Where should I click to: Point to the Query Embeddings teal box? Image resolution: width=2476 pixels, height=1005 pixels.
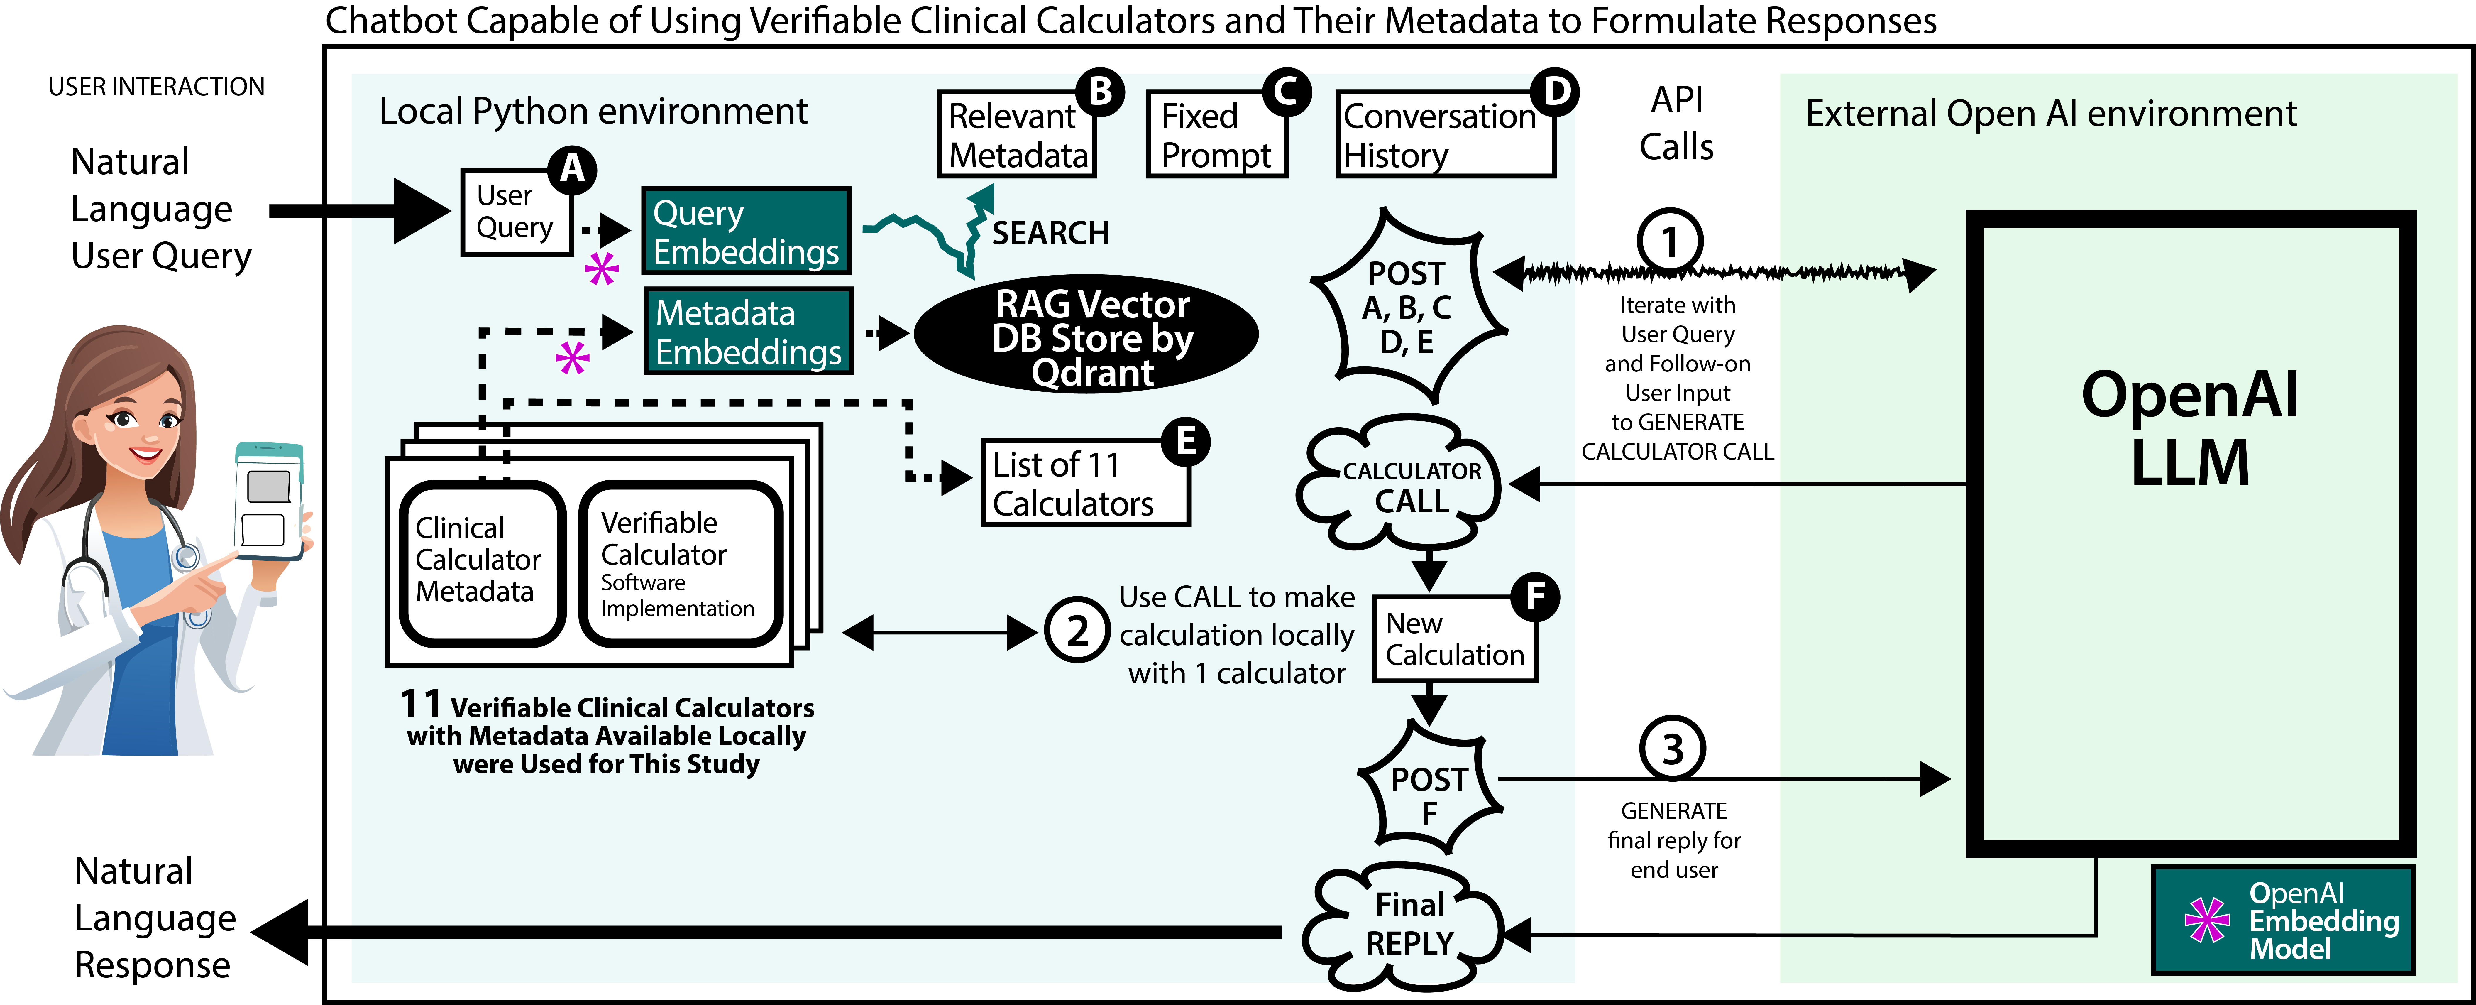[746, 231]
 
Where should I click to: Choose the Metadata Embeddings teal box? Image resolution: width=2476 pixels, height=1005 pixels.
[748, 332]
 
